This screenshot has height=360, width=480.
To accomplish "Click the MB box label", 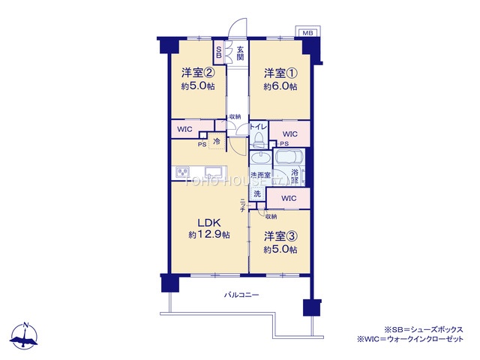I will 307,34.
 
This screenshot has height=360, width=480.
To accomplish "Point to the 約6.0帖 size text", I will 280,87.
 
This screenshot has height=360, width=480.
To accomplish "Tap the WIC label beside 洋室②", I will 184,129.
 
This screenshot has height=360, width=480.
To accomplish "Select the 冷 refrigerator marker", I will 216,141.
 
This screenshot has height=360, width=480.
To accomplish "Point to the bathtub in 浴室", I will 288,158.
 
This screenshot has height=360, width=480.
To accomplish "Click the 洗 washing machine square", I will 256,194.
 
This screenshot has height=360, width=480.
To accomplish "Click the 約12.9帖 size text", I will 209,235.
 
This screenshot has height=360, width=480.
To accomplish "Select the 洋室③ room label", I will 280,236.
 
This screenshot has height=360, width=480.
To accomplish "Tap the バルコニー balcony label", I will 241,295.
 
